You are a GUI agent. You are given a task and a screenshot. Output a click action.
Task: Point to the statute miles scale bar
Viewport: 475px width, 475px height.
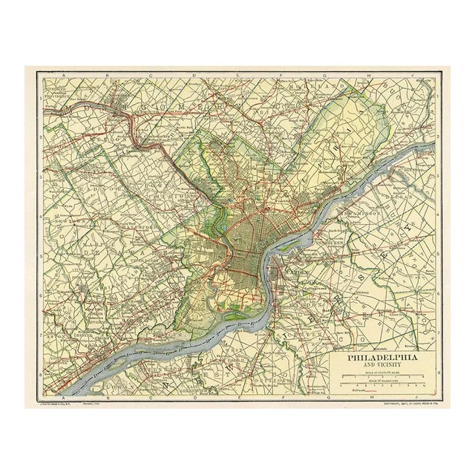pos(383,376)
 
